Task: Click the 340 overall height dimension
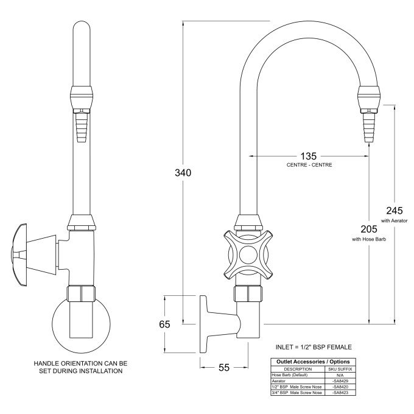click(x=183, y=173)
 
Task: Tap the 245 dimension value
click(x=394, y=210)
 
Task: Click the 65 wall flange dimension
click(x=165, y=324)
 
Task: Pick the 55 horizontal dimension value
click(x=224, y=368)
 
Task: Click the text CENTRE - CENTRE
click(x=309, y=165)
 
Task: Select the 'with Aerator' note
click(x=394, y=220)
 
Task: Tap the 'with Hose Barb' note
click(x=368, y=239)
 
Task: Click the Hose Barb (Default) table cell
click(x=290, y=374)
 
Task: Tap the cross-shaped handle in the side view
click(x=247, y=254)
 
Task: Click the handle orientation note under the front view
click(x=80, y=367)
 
